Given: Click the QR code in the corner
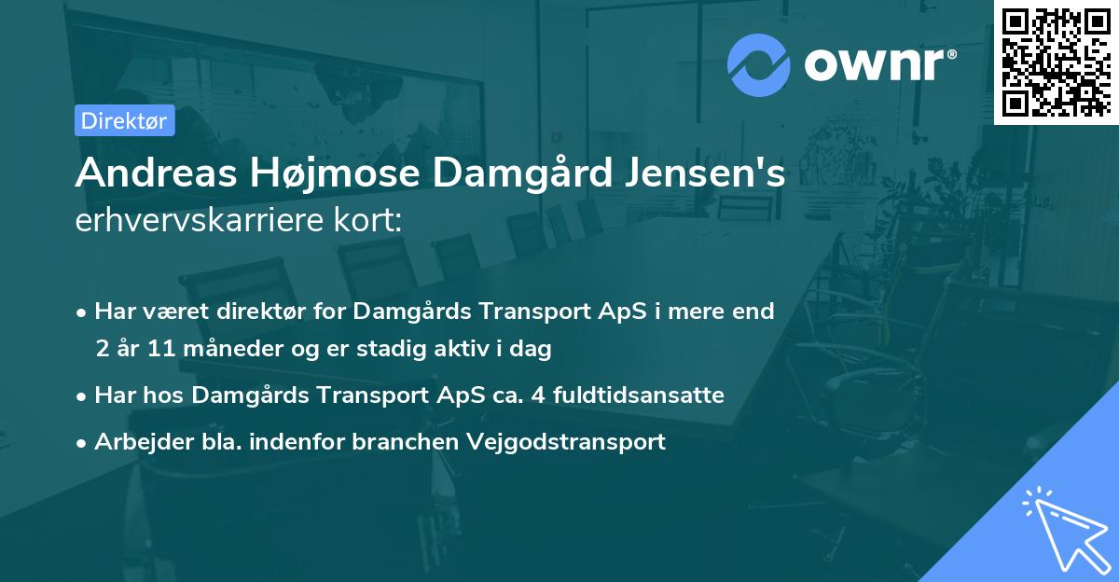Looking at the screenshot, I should (1056, 62).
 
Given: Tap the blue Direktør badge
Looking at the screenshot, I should (124, 120).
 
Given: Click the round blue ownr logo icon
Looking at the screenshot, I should (759, 65).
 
